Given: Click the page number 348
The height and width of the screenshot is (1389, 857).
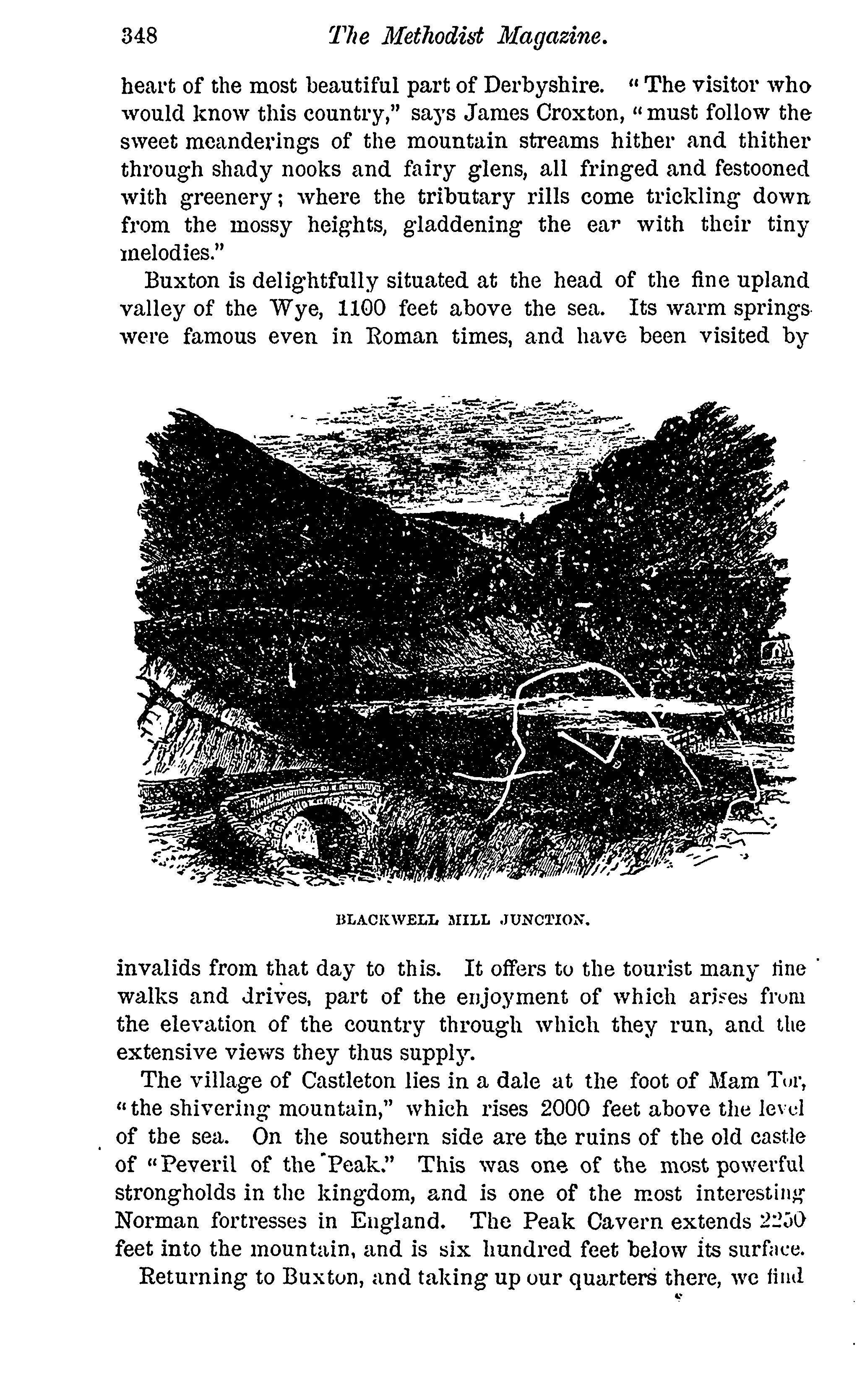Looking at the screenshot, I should coord(139,36).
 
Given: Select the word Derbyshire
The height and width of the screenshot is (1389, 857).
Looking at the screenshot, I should coord(543,86).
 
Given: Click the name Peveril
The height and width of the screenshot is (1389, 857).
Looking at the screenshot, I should coord(197,1165).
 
